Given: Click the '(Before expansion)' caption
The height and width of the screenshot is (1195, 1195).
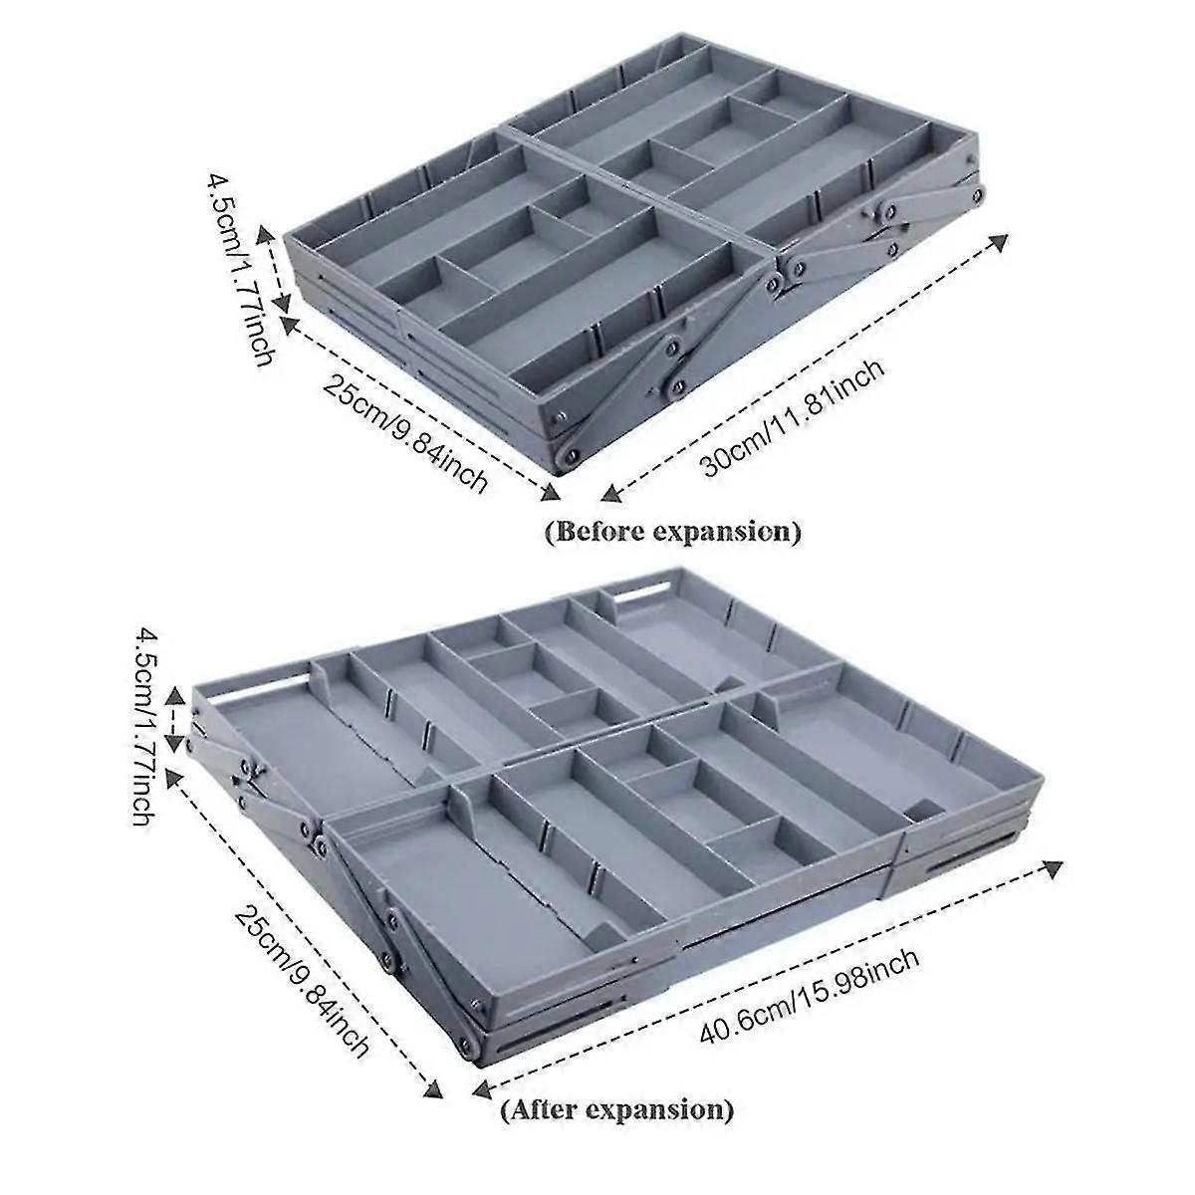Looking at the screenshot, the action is coord(672,532).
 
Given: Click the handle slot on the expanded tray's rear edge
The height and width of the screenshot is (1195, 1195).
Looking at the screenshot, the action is coord(642,595).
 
